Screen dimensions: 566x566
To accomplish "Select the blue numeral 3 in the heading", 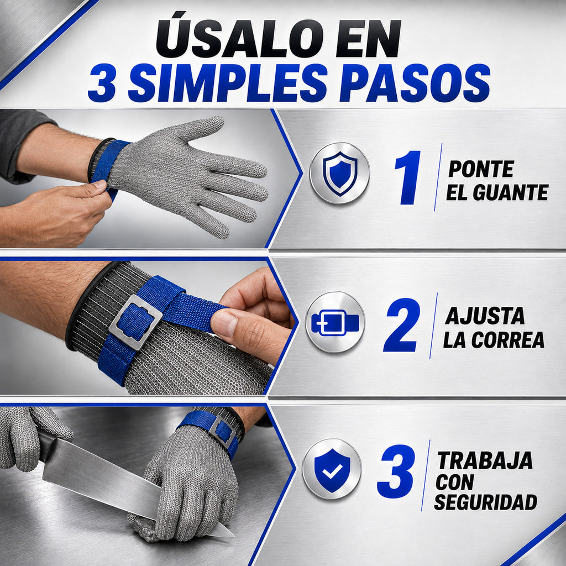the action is pos(102,83).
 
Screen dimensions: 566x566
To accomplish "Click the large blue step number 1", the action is pos(408,177).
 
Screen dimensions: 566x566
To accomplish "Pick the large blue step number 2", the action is pos(402,324).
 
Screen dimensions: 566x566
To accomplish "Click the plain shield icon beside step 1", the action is pos(339,173).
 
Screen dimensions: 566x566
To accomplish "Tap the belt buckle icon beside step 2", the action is pos(335,322).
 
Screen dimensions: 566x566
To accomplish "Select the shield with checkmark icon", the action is pos(332,469).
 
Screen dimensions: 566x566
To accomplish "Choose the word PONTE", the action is pos(481,169).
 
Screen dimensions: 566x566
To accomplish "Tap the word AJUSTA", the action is pos(484,316).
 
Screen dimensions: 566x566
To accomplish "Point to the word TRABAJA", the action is pos(485,460).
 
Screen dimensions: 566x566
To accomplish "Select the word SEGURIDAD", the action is pos(485,501).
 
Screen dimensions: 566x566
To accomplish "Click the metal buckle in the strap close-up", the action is pos(135,322).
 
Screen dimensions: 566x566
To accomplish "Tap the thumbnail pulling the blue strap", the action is pos(224,322).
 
